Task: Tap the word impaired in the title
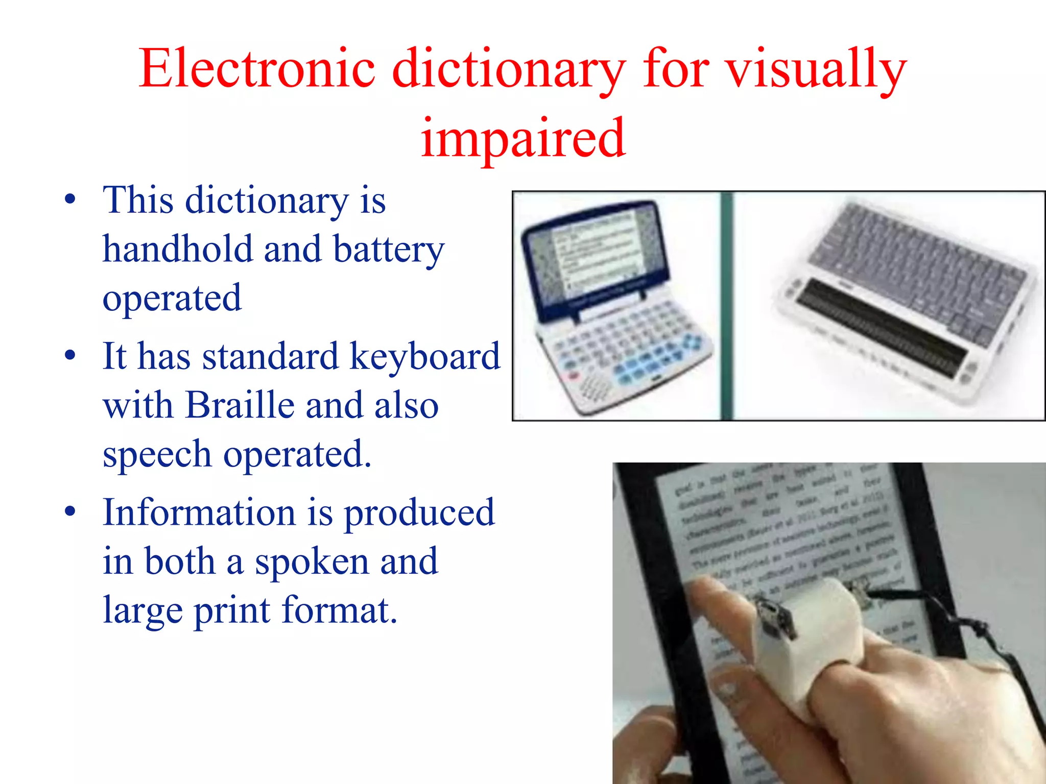(x=523, y=138)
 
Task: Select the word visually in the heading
(x=816, y=69)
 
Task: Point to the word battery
(x=388, y=250)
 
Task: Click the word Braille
(x=240, y=405)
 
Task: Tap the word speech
(x=157, y=454)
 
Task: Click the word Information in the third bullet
(x=199, y=512)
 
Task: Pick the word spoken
(x=312, y=561)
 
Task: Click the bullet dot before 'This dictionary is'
(x=70, y=200)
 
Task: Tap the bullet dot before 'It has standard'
(x=70, y=356)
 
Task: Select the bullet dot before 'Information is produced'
(x=70, y=512)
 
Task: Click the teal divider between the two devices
(x=727, y=306)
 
